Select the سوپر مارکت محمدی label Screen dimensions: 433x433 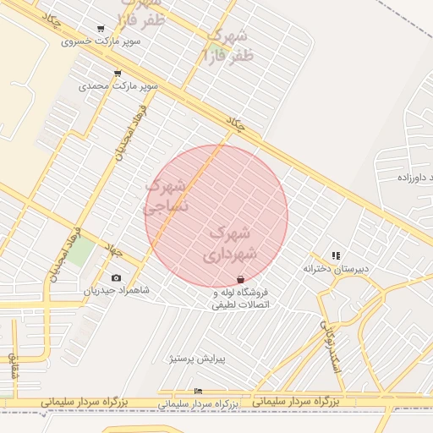(118, 85)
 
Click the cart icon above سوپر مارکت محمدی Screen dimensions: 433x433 (117, 74)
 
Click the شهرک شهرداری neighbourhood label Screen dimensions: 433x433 (228, 243)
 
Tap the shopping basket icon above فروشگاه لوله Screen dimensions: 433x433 (240, 279)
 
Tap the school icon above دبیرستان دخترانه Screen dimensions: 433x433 (336, 255)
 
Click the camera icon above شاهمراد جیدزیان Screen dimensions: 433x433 (116, 277)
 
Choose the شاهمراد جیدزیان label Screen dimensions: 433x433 (116, 290)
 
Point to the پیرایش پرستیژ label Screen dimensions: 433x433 (195, 359)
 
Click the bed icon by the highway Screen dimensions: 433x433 (198, 391)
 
